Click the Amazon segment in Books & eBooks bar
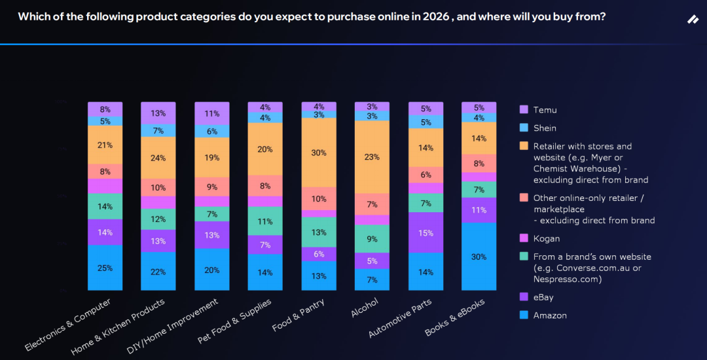click(x=479, y=257)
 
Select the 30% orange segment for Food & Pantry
click(x=319, y=153)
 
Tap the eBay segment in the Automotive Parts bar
click(x=426, y=232)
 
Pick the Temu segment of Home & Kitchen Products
click(x=158, y=113)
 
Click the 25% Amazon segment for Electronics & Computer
click(x=105, y=268)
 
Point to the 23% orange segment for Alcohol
click(x=372, y=157)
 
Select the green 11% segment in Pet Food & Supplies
click(x=265, y=221)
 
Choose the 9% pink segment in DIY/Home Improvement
click(x=212, y=187)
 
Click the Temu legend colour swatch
click(x=523, y=110)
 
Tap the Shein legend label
click(x=545, y=128)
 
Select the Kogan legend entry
click(x=546, y=238)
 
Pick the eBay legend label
click(x=544, y=297)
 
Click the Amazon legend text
click(x=550, y=315)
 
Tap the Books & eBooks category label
click(x=455, y=319)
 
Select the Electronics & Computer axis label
click(x=67, y=325)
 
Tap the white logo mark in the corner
click(x=693, y=20)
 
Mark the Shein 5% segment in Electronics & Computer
click(x=105, y=121)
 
